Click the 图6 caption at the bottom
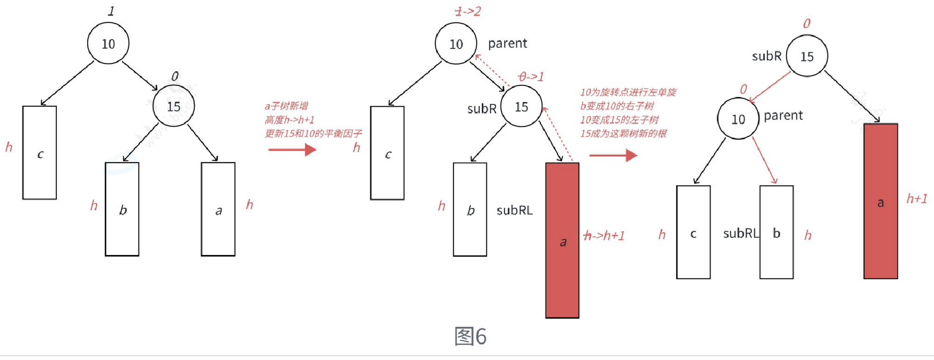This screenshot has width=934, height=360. (x=470, y=336)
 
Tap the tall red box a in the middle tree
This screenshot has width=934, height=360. (x=562, y=240)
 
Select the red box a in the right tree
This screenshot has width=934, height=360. (x=880, y=201)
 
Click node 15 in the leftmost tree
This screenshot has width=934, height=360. (x=174, y=106)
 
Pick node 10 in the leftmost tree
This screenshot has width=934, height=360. (x=108, y=43)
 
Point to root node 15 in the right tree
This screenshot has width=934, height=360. (x=807, y=56)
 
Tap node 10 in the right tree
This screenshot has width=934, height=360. (x=738, y=119)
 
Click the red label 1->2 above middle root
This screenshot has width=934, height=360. (x=467, y=11)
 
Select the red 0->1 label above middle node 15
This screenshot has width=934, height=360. (x=531, y=76)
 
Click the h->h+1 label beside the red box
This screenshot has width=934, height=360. (x=604, y=235)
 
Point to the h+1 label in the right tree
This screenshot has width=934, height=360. (x=916, y=199)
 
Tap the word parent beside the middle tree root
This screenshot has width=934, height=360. (x=507, y=43)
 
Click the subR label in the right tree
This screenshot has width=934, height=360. (x=766, y=56)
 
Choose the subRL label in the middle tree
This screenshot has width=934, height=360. (x=514, y=210)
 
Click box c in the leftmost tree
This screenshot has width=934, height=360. (x=40, y=152)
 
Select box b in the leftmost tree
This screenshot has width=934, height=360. (x=122, y=209)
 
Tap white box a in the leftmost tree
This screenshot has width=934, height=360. (x=218, y=209)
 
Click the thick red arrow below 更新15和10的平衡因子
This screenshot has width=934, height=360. (x=292, y=150)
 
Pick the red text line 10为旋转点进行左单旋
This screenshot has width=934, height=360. (x=628, y=92)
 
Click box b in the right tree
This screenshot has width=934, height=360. (x=776, y=232)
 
